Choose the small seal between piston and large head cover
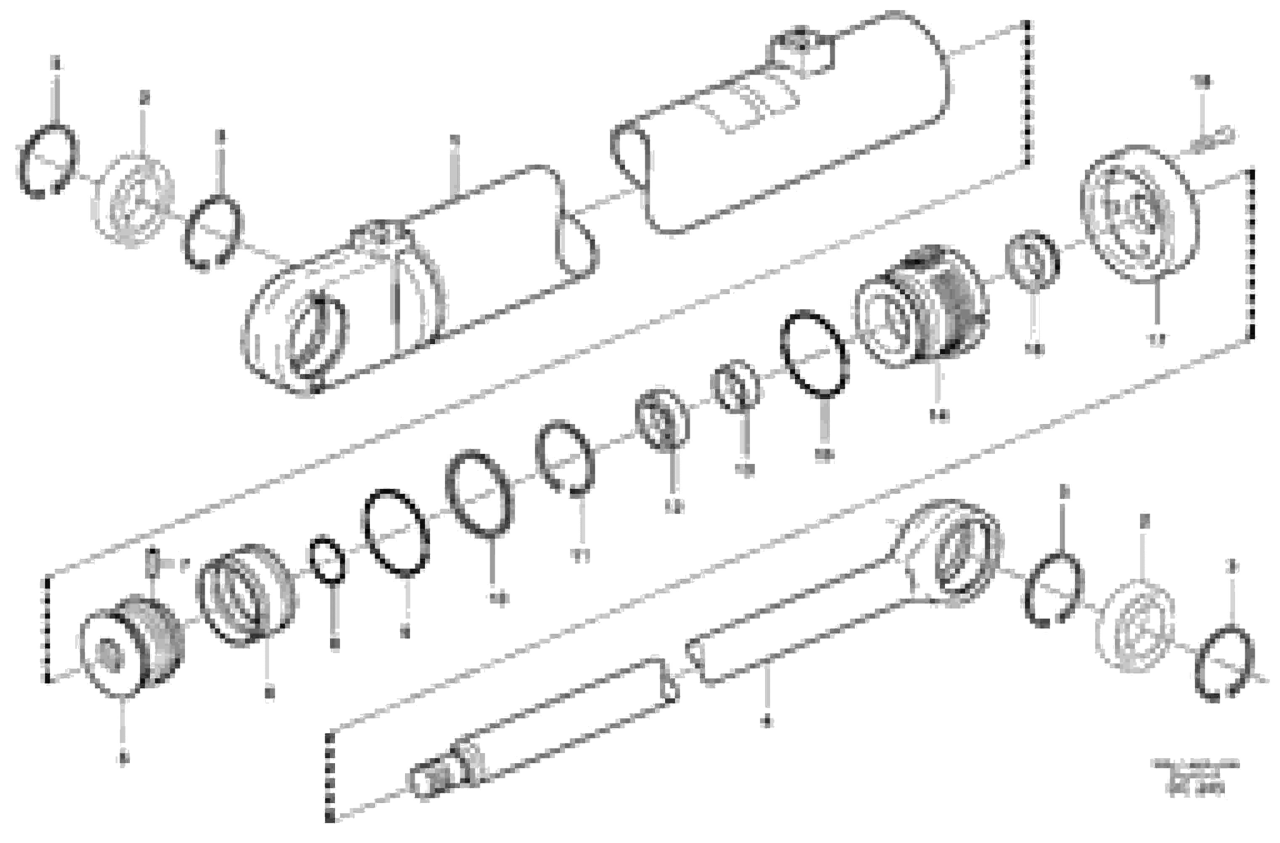tap(1031, 261)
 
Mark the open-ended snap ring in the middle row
tap(565, 457)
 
